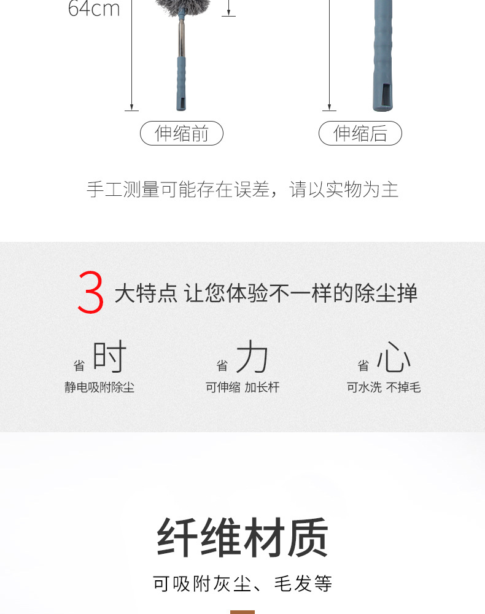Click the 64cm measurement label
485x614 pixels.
pyautogui.click(x=94, y=9)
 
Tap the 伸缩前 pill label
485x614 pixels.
pyautogui.click(x=182, y=133)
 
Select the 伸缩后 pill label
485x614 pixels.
pyautogui.click(x=360, y=133)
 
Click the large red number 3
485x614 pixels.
pyautogui.click(x=91, y=293)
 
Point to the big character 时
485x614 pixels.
pyautogui.click(x=109, y=357)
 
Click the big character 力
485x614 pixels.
pyautogui.click(x=252, y=357)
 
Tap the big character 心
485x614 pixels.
pyautogui.click(x=394, y=357)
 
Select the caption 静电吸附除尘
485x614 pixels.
pyautogui.click(x=99, y=387)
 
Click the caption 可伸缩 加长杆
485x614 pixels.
pyautogui.click(x=243, y=387)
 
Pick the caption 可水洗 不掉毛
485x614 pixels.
pyautogui.click(x=384, y=387)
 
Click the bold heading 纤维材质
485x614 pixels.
pyautogui.click(x=243, y=537)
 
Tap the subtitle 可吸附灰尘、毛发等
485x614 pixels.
pyautogui.click(x=243, y=583)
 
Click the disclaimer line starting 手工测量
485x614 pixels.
pyautogui.click(x=243, y=190)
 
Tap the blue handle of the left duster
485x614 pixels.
pyautogui.click(x=182, y=83)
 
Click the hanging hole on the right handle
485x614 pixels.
pyautogui.click(x=384, y=93)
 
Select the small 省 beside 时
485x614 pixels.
pyautogui.click(x=79, y=366)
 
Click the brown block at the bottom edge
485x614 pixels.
pyautogui.click(x=243, y=612)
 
